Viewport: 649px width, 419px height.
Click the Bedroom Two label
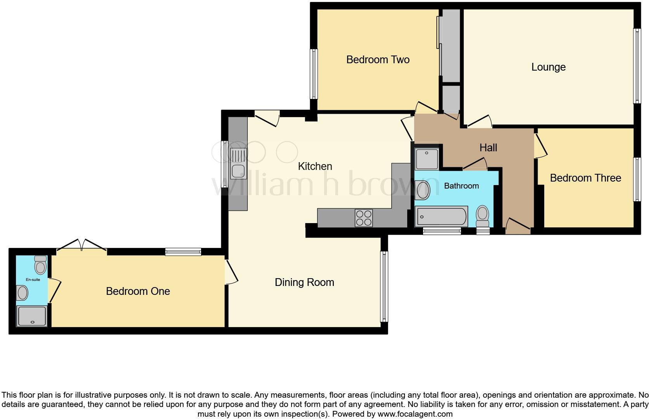tap(378, 60)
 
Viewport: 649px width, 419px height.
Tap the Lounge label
tap(548, 67)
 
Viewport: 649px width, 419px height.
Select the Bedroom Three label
tap(585, 178)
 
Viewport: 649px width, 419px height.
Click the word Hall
tap(488, 148)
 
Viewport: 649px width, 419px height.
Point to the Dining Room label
tap(304, 282)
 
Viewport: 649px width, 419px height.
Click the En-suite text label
tap(33, 279)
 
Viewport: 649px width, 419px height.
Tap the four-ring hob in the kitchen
tap(364, 218)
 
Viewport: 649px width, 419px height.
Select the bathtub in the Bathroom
tap(441, 216)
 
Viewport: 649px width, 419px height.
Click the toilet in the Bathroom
tap(482, 216)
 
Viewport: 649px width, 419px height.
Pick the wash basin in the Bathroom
tap(422, 190)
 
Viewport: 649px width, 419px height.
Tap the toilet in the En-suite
tap(40, 265)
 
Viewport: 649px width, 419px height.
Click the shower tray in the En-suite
tap(32, 315)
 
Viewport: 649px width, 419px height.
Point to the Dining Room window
tap(384, 286)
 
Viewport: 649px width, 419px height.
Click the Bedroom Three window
tap(637, 179)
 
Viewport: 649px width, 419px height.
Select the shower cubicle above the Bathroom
tap(427, 159)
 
